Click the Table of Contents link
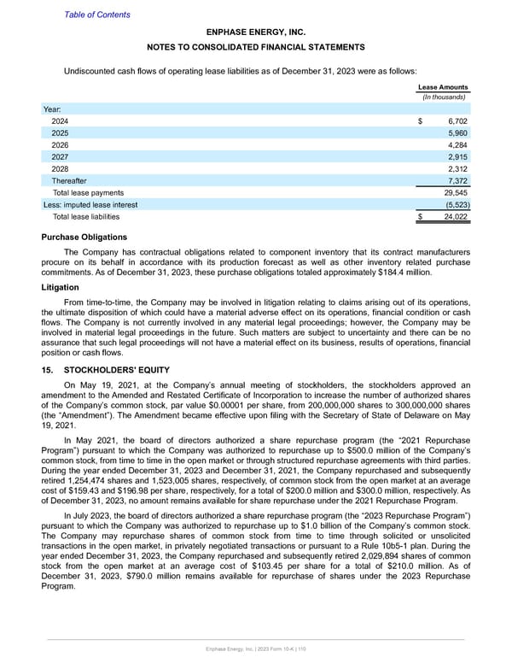click(97, 15)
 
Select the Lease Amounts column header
click(442, 87)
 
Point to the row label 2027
click(61, 158)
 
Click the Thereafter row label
click(69, 181)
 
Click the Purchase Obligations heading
click(84, 237)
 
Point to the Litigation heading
click(63, 288)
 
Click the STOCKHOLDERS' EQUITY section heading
click(119, 370)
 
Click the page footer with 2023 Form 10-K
click(256, 651)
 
